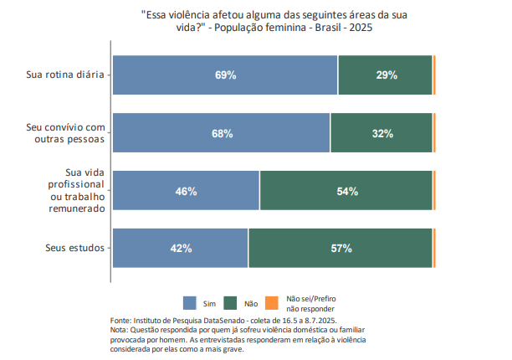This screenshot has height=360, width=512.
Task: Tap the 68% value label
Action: [x=222, y=133]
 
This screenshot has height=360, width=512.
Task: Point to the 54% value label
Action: [x=347, y=191]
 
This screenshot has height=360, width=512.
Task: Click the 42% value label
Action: [x=182, y=248]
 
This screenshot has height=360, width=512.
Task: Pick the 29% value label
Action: [x=387, y=75]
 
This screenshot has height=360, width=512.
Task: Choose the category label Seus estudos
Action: [x=74, y=248]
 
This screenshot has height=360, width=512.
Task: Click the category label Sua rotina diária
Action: [x=64, y=75]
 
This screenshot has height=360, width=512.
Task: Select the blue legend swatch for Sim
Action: [x=189, y=302]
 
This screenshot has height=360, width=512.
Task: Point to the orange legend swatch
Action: [x=271, y=302]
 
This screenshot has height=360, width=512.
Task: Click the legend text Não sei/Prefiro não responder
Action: [x=311, y=302]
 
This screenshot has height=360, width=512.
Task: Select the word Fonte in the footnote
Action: [x=122, y=320]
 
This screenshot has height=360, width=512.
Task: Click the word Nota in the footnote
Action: [x=120, y=329]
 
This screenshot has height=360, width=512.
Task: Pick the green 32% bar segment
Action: [x=381, y=133]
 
